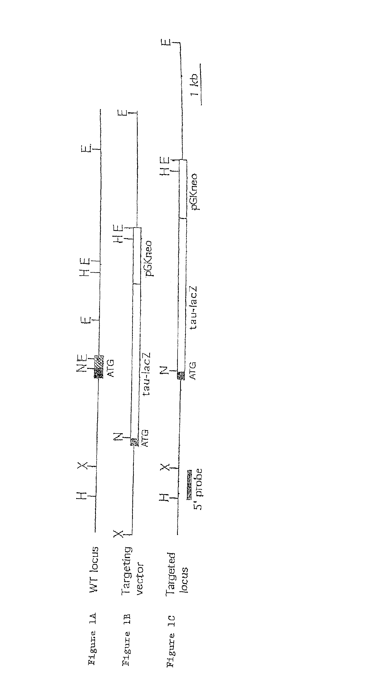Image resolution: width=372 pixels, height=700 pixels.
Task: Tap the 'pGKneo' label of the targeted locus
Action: click(x=194, y=192)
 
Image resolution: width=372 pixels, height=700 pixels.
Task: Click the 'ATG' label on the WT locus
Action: click(x=111, y=368)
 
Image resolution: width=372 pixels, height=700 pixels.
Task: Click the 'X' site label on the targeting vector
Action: click(x=118, y=534)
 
